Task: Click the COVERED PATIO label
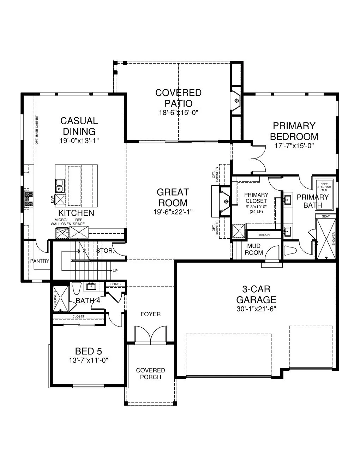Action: [x=178, y=98]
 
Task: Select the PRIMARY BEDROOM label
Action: [x=294, y=131]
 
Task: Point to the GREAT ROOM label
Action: [x=173, y=197]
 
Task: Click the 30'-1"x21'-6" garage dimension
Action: [x=256, y=309]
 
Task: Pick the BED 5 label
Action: [x=88, y=351]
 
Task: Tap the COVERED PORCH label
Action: [x=150, y=374]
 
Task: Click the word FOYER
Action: [x=150, y=314]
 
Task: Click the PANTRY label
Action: [x=39, y=261]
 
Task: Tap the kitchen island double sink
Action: [x=59, y=183]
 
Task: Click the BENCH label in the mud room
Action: [x=264, y=235]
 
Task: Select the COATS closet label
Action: [x=115, y=284]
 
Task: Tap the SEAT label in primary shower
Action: [x=326, y=216]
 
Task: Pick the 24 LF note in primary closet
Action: [x=256, y=212]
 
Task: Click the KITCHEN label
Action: [x=76, y=213]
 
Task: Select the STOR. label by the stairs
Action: [x=105, y=251]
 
